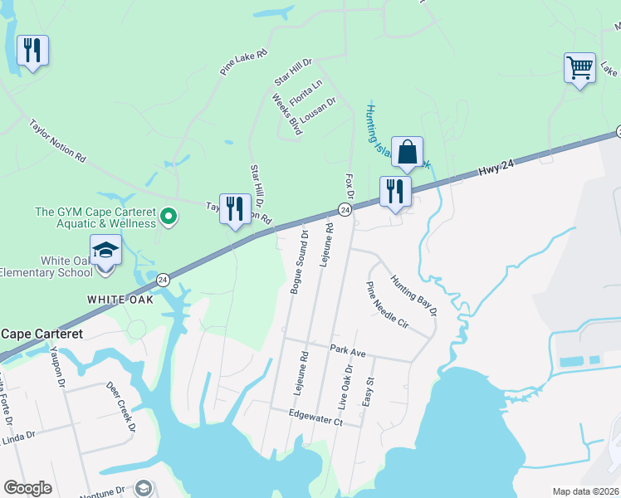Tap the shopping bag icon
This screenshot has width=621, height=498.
[407, 151]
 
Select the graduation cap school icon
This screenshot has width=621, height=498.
[106, 250]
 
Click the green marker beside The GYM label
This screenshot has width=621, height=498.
[169, 217]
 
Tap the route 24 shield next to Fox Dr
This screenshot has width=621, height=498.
[345, 211]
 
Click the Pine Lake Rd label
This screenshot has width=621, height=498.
[244, 62]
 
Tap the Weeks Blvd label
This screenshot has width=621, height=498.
[286, 114]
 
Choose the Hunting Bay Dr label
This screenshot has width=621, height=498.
[413, 295]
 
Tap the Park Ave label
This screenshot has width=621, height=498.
[347, 353]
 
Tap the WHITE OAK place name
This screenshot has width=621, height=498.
[120, 300]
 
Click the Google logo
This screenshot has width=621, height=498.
[27, 488]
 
